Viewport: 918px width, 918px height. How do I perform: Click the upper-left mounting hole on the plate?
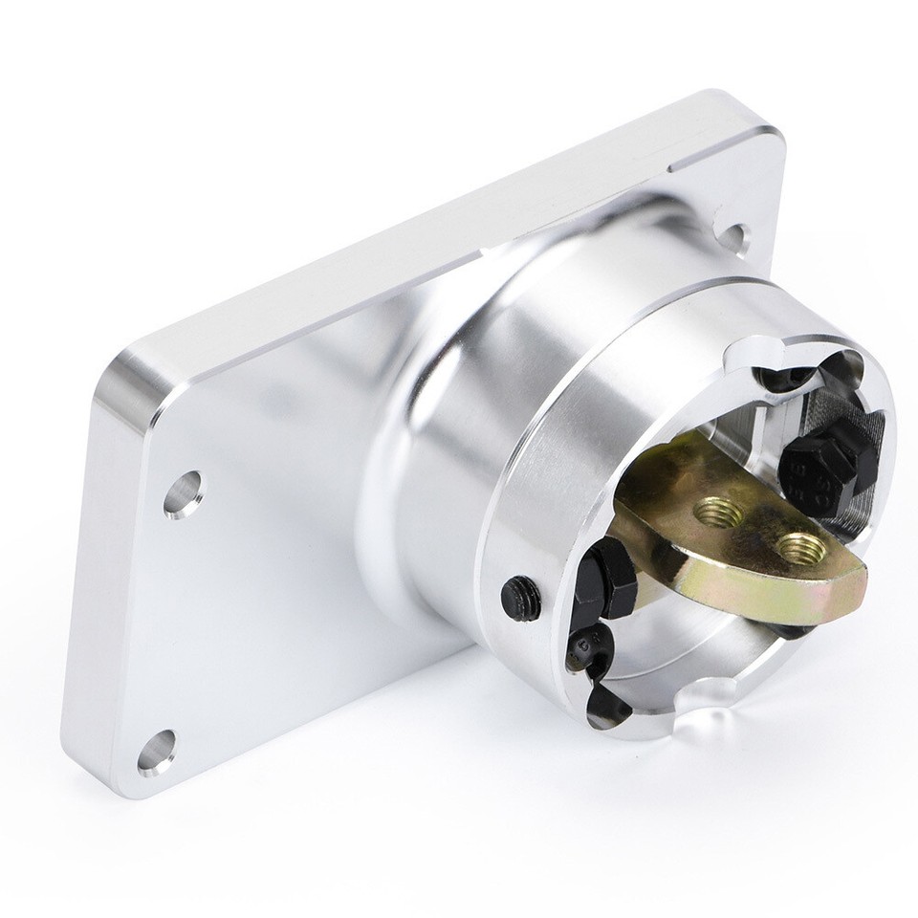(x=183, y=493)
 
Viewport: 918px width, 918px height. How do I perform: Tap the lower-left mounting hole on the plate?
(x=157, y=751)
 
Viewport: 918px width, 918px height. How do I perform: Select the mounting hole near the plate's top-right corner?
(x=732, y=236)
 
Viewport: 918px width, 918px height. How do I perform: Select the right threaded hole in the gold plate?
(x=798, y=549)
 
